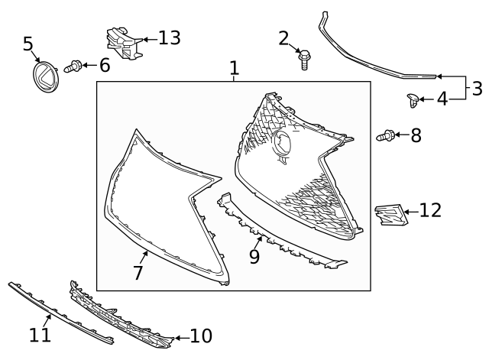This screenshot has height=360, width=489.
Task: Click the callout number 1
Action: pyautogui.click(x=235, y=69)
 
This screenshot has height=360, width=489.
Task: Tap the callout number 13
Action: pyautogui.click(x=169, y=37)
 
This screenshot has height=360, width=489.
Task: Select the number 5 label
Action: pyautogui.click(x=28, y=44)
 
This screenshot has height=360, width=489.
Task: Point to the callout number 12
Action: pyautogui.click(x=430, y=210)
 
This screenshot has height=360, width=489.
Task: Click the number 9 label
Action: pyautogui.click(x=254, y=256)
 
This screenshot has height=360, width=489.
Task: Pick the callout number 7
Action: pyautogui.click(x=138, y=271)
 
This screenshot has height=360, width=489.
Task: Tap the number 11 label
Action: pyautogui.click(x=40, y=334)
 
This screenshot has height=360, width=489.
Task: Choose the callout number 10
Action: pyautogui.click(x=200, y=336)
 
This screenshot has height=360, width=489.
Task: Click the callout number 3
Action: pyautogui.click(x=476, y=88)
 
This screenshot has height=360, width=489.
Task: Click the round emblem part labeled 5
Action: pyautogui.click(x=47, y=77)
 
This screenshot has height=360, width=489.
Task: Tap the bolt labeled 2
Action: pyautogui.click(x=304, y=57)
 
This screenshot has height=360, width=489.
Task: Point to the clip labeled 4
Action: pyautogui.click(x=413, y=98)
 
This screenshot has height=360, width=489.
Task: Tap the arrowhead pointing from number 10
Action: pyautogui.click(x=176, y=336)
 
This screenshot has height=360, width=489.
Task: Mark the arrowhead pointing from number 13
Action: pyautogui.click(x=139, y=38)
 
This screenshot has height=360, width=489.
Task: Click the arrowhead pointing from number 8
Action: pyautogui.click(x=399, y=136)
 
